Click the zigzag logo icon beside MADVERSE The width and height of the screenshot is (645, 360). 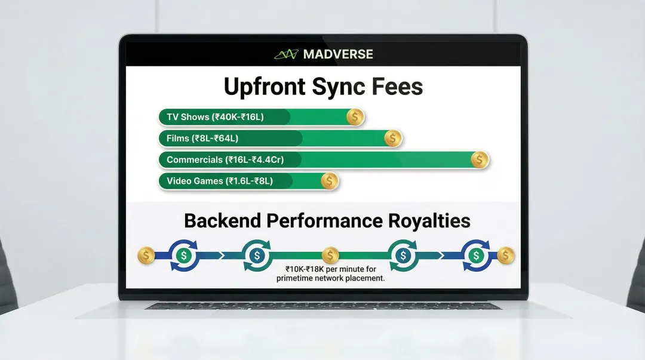(286, 54)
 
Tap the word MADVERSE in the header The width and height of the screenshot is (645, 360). (338, 54)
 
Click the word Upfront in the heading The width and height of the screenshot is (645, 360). (263, 87)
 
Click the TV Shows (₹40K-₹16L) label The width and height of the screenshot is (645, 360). (215, 117)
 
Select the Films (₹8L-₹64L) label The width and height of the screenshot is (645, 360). (202, 139)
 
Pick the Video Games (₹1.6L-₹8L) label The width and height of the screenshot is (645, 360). (220, 181)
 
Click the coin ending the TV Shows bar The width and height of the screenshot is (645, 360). (355, 117)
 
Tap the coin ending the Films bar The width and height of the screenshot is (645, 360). (392, 139)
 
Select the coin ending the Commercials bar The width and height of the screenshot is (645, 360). (479, 159)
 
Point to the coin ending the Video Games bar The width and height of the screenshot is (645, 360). (329, 181)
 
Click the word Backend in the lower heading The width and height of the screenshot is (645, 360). (222, 221)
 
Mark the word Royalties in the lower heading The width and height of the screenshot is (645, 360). (429, 221)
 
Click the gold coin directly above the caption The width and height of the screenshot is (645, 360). (330, 256)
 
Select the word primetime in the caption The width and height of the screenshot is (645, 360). (296, 279)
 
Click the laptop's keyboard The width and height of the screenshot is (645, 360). (322, 306)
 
